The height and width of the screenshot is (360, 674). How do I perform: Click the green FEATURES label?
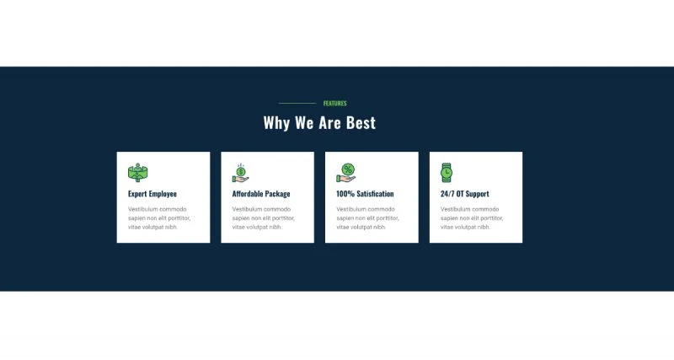click(x=334, y=103)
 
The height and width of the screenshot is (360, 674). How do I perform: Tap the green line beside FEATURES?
click(x=297, y=103)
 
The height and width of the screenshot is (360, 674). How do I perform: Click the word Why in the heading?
click(x=276, y=123)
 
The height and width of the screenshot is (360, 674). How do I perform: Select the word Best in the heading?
click(x=361, y=123)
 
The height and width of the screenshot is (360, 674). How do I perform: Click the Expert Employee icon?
click(x=137, y=173)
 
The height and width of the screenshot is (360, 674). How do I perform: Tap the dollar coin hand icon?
click(x=241, y=173)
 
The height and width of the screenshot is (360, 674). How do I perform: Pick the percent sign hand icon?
click(x=346, y=173)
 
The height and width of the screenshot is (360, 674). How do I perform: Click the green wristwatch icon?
click(x=447, y=173)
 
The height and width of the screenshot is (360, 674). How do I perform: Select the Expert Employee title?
click(x=152, y=194)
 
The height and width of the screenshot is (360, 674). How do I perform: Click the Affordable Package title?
click(x=261, y=194)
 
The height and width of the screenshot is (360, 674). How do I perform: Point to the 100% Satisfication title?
click(x=365, y=194)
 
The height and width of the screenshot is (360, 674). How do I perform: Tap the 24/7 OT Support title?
click(x=465, y=194)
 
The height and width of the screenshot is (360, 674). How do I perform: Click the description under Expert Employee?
click(x=159, y=218)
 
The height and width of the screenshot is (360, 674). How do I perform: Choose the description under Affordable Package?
click(x=264, y=218)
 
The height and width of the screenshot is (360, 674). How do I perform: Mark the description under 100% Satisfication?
click(x=367, y=218)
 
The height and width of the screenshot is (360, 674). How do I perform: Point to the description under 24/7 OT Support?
click(x=472, y=218)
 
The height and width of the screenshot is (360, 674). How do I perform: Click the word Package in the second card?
click(x=277, y=194)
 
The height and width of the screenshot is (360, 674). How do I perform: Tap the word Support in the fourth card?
click(x=478, y=195)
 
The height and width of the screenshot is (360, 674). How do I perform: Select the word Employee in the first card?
click(x=163, y=194)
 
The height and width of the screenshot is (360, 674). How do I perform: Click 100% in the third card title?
click(x=345, y=194)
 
